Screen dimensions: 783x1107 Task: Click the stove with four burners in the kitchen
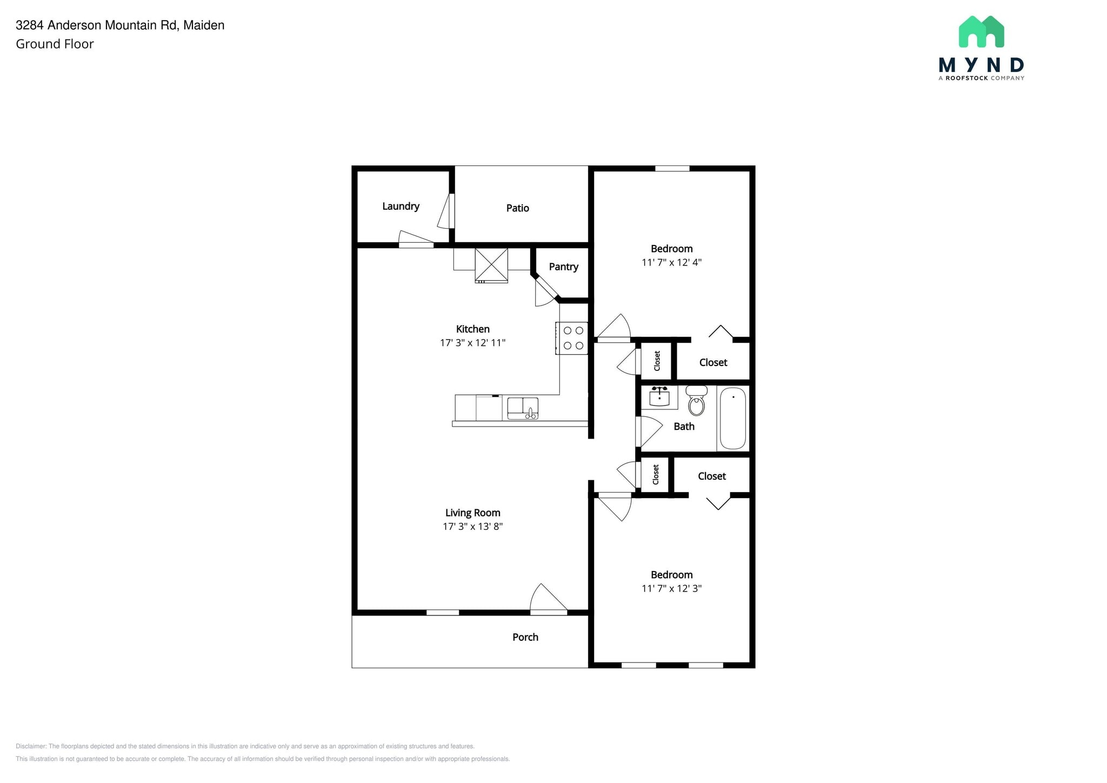coord(572,338)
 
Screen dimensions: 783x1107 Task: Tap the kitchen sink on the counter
coord(522,408)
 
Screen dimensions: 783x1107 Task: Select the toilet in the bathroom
coord(696,401)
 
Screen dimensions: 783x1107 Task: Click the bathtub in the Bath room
coord(732,419)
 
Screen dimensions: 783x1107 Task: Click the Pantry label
coord(563,267)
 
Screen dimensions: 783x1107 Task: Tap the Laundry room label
coord(401,206)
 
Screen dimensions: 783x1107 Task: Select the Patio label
coord(517,208)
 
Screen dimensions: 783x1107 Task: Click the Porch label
coord(525,637)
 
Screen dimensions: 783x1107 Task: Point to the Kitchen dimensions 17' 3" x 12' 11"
coord(472,342)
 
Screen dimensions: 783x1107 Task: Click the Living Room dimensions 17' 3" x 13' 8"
coord(472,526)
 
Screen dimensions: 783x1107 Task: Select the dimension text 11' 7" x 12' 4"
coord(671,262)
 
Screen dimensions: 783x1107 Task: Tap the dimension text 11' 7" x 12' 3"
coord(671,588)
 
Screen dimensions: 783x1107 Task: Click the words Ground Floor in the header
coord(55,44)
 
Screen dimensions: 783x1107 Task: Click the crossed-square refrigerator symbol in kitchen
coord(491,264)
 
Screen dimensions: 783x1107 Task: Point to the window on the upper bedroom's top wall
coord(672,169)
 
